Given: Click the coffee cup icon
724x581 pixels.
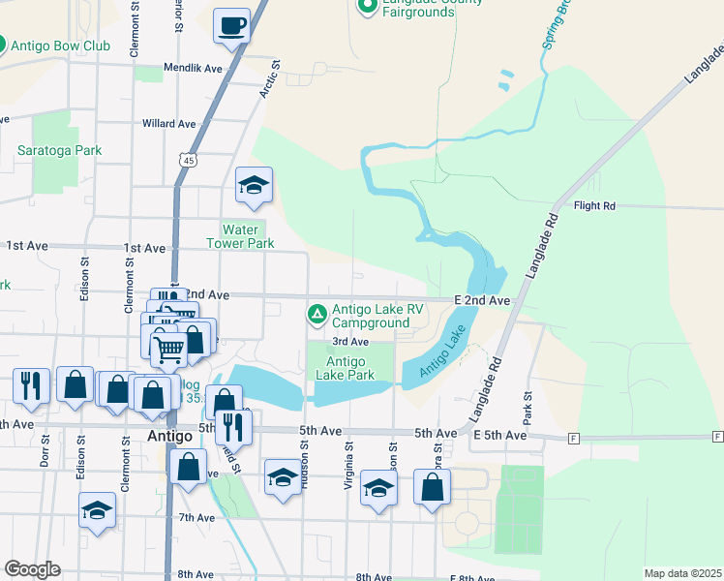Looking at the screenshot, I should pyautogui.click(x=231, y=25).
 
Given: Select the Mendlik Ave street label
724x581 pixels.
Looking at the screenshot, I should pyautogui.click(x=194, y=69).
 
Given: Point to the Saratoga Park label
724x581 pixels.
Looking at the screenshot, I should pyautogui.click(x=59, y=150).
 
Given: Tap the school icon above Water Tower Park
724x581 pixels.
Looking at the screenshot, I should pyautogui.click(x=254, y=185).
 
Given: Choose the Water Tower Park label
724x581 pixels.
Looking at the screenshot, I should pyautogui.click(x=241, y=236).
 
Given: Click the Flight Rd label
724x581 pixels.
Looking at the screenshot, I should pyautogui.click(x=594, y=205).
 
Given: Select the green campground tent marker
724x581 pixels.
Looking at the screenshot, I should pyautogui.click(x=317, y=314).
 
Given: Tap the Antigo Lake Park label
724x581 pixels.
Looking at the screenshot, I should pyautogui.click(x=344, y=368).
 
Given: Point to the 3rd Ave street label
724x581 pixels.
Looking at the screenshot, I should pyautogui.click(x=350, y=342).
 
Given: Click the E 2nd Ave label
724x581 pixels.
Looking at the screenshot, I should pyautogui.click(x=482, y=301).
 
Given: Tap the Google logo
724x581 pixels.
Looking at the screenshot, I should pyautogui.click(x=32, y=569).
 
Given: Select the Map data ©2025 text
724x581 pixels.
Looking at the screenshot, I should pyautogui.click(x=681, y=573).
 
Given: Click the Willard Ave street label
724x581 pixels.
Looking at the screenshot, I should pyautogui.click(x=169, y=124).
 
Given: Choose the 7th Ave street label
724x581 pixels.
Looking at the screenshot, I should pyautogui.click(x=196, y=518).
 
